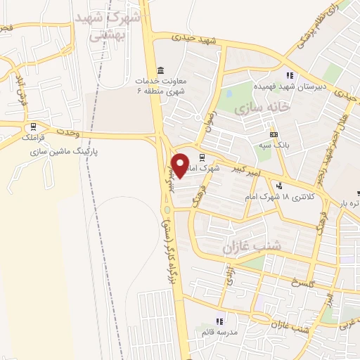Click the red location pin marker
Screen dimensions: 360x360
pyautogui.click(x=181, y=165)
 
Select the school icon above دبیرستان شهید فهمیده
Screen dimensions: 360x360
pyautogui.click(x=289, y=75)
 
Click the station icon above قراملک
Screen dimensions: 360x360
pyautogui.click(x=31, y=128)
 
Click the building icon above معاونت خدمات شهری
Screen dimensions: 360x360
pyautogui.click(x=161, y=72)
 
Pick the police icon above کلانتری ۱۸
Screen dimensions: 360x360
pyautogui.click(x=280, y=186)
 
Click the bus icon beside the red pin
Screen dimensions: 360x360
pyautogui.click(x=202, y=157)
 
